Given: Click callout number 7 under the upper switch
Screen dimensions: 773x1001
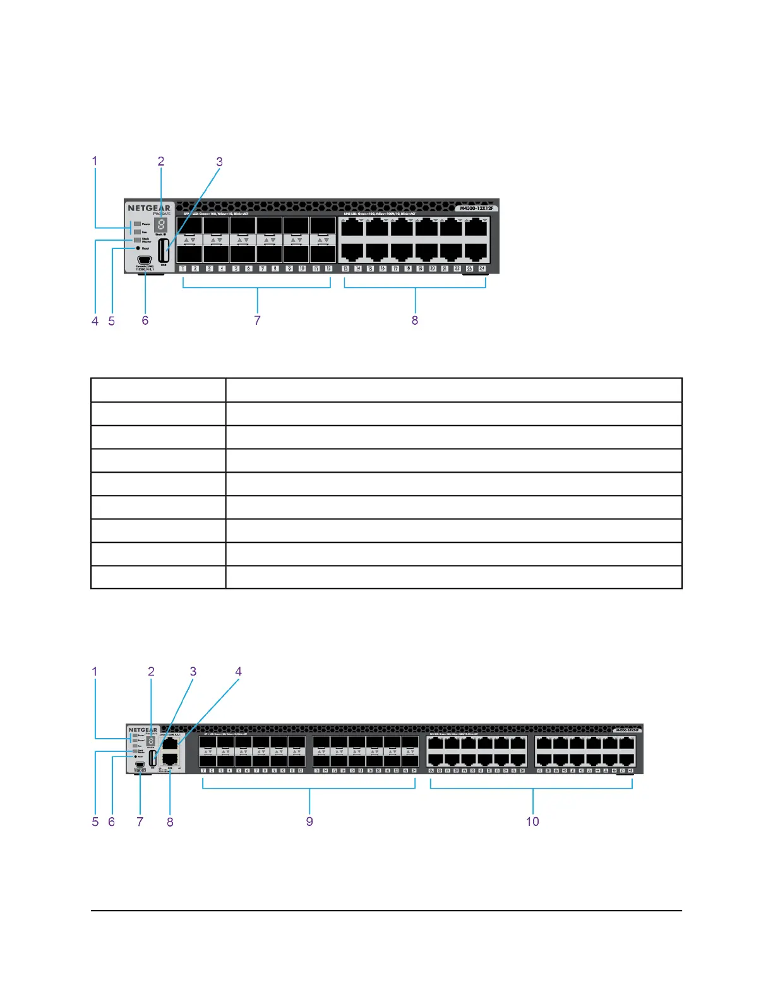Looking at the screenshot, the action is pos(257,320).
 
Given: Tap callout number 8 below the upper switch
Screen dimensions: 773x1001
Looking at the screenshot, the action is pos(415,320).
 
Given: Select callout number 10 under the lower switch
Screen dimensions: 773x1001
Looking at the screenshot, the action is pos(532,822).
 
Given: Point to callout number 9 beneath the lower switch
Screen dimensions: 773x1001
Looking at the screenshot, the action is pos(309,822).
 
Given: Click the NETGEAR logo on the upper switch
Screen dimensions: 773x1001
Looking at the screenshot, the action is pos(149,208).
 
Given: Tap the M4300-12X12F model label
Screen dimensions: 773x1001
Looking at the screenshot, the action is pos(477,208).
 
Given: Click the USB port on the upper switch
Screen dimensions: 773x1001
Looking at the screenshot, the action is pos(164,250).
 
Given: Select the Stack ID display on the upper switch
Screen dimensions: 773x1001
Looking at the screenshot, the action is pos(161,225).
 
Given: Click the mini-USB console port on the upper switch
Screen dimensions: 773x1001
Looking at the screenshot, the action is pos(145,260).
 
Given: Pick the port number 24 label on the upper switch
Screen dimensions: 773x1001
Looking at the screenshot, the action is pos(482,269).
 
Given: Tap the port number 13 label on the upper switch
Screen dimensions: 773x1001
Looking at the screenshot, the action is pos(345,269).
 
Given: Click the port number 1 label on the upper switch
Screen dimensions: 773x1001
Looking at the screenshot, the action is pos(183,269).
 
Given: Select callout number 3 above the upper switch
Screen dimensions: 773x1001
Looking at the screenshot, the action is pos(219,162).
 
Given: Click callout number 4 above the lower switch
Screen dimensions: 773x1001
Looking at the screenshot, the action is pos(238,672).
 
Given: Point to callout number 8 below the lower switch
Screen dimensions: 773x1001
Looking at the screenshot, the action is pos(170,822).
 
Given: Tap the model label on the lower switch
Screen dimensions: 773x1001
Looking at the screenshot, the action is pos(627,730).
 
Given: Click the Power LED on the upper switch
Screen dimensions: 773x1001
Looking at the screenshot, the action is pos(137,224).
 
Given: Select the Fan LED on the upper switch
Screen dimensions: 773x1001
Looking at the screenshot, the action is pos(137,232).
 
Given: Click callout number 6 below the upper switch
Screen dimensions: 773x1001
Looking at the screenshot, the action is pos(145,320).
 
